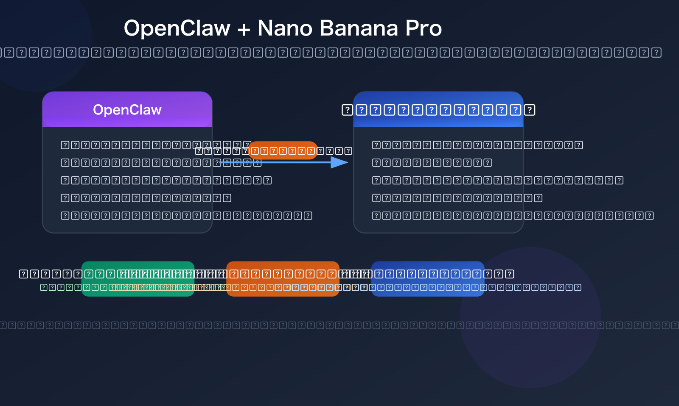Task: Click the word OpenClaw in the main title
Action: coord(177,28)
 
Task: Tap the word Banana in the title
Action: coord(359,28)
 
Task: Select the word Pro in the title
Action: coord(424,28)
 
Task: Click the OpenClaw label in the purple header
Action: coord(127,110)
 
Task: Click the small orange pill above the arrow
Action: coord(283,150)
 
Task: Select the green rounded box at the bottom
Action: coord(138,279)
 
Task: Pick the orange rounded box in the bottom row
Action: coord(283,279)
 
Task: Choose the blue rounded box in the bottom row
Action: coord(428,279)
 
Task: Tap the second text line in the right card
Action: coord(432,163)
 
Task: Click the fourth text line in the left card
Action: coord(146,198)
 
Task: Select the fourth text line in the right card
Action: coord(457,198)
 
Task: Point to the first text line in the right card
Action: coord(477,145)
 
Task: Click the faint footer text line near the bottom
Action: coord(339,325)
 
